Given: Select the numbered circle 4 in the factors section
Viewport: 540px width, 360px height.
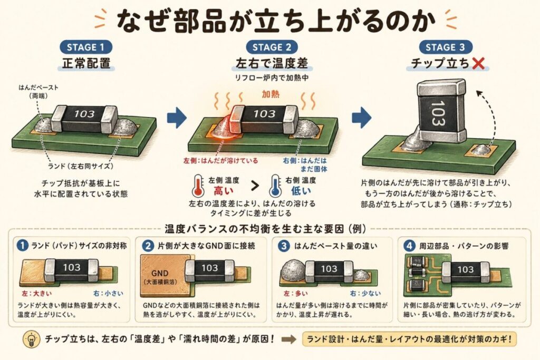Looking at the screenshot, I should (x=408, y=245).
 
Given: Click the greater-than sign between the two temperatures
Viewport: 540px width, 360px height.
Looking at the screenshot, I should (x=255, y=186).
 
